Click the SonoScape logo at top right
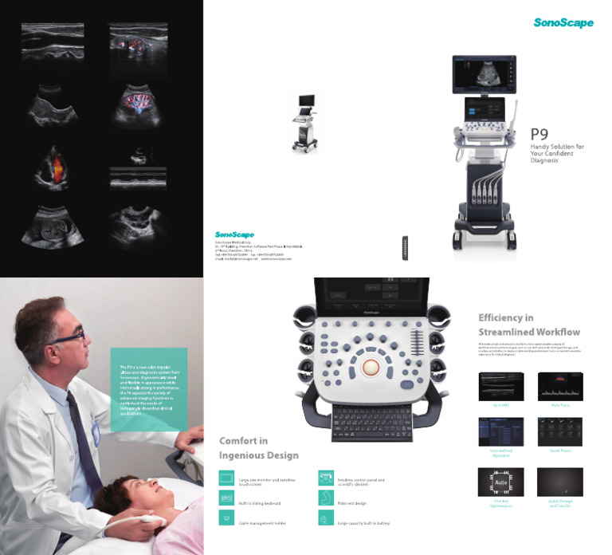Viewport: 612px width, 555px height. (x=563, y=23)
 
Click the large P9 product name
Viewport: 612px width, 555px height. (x=540, y=136)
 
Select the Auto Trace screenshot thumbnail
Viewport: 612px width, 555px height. (x=560, y=386)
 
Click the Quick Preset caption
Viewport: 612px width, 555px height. (x=560, y=451)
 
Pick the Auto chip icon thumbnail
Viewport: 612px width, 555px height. (x=500, y=482)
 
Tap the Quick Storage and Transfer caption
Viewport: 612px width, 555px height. (x=560, y=504)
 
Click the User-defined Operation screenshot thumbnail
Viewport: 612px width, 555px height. (x=500, y=431)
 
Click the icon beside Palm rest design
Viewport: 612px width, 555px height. (x=324, y=498)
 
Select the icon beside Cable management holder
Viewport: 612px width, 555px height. (x=226, y=519)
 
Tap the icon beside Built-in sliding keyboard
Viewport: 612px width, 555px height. (x=226, y=498)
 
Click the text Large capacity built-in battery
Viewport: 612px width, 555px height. (x=364, y=523)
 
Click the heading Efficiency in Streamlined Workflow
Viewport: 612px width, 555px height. (x=529, y=325)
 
